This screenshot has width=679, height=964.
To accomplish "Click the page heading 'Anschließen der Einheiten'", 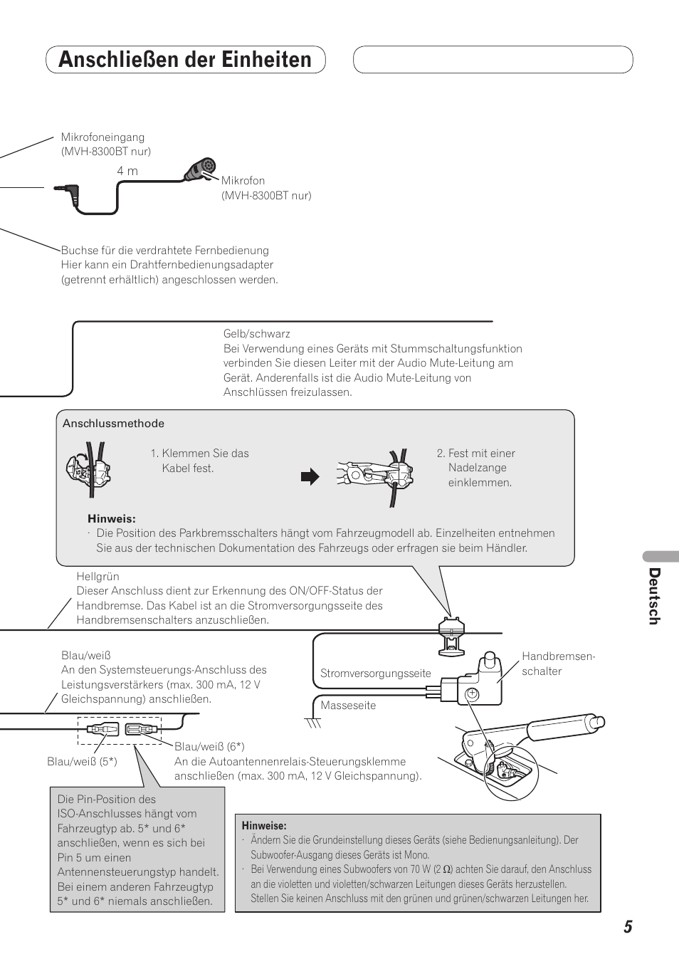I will coord(185,60).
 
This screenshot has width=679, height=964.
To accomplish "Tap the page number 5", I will coord(627,926).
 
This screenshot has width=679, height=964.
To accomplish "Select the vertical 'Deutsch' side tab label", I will coord(654,597).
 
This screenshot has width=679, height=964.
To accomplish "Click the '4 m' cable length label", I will coord(127,171).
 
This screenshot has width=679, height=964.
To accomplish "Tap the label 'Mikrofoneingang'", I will coord(102,137).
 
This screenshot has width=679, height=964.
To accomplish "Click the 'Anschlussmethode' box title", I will coord(113,424).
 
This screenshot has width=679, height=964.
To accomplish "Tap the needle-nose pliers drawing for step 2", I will coord(370,473).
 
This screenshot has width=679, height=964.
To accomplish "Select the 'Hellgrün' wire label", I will coord(98,576).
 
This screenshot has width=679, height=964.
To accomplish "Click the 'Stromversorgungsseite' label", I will coord(375,673).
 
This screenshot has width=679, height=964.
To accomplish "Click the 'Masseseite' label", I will coord(348,706).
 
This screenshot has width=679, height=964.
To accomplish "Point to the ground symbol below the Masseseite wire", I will coord(313,723).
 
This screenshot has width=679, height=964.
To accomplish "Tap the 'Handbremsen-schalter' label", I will coord(558,664).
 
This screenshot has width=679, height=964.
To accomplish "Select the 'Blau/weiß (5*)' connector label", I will coord(82,762).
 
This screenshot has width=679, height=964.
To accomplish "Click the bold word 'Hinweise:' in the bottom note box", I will coord(264,826).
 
